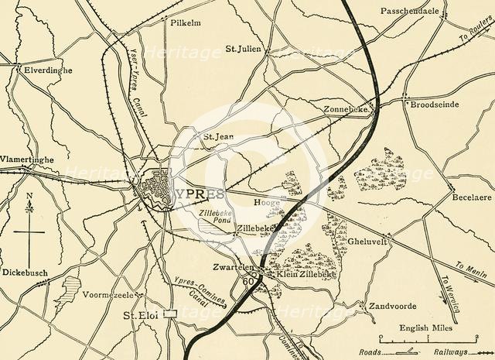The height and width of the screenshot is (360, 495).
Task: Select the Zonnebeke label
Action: point(347,109)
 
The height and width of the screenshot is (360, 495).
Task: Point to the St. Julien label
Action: point(244,49)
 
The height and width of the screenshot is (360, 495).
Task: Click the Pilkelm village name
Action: point(185,23)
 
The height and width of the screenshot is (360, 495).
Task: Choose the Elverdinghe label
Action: point(48,70)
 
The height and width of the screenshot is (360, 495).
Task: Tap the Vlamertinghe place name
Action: point(28,159)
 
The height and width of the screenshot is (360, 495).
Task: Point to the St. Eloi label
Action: point(141,317)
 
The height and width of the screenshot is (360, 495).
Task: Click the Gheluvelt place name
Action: point(370,240)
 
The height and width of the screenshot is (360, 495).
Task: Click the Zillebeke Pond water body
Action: point(210,225)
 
